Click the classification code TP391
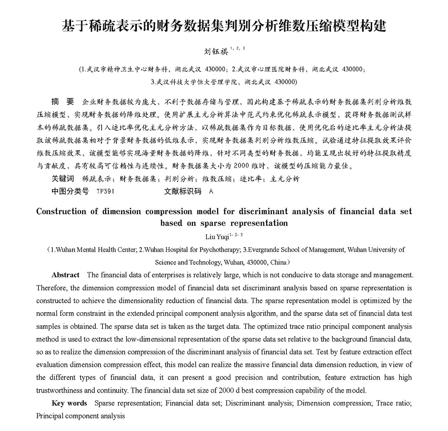(x=105, y=191)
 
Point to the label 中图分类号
(x=70, y=191)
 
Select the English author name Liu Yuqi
(x=217, y=235)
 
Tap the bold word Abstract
(x=65, y=275)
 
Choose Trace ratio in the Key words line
(x=393, y=403)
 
